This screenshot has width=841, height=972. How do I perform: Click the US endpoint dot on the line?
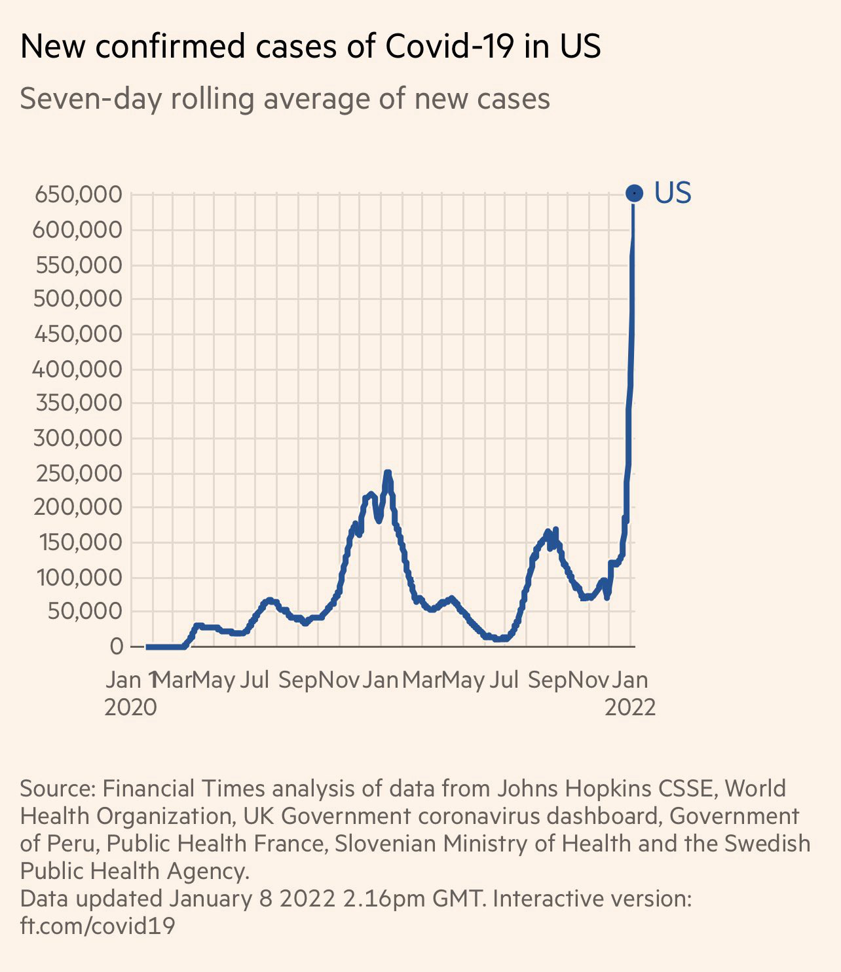[x=634, y=193]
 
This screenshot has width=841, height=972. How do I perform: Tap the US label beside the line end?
[x=673, y=193]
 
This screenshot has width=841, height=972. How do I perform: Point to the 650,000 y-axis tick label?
[x=79, y=195]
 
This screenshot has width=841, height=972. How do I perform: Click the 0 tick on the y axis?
[x=117, y=646]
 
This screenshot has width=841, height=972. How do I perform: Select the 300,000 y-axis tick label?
[x=79, y=438]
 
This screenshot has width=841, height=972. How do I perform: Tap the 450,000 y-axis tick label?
[x=79, y=334]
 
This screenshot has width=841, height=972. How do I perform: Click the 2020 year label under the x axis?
[x=130, y=707]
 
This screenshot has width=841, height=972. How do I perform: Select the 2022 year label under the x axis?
[x=630, y=707]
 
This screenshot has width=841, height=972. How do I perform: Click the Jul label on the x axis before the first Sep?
[x=254, y=680]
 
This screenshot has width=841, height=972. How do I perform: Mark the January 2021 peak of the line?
[x=387, y=472]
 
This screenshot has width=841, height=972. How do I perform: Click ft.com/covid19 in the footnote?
[x=98, y=925]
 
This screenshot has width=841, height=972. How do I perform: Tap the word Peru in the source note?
[x=71, y=844]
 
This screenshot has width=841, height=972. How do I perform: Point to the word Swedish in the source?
[x=767, y=844]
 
